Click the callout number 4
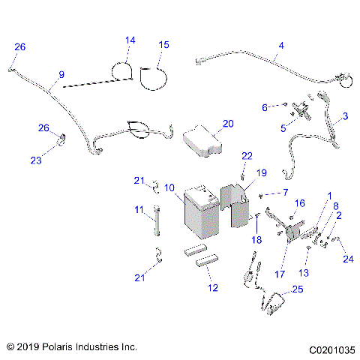click(x=280, y=45)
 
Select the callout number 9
click(x=61, y=73)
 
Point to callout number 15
click(x=163, y=46)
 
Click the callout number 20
click(x=228, y=123)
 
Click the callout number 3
click(x=344, y=116)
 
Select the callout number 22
click(x=246, y=155)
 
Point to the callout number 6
click(x=264, y=108)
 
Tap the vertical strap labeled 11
click(x=158, y=222)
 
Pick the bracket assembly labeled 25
click(x=274, y=307)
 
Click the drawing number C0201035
click(x=329, y=348)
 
